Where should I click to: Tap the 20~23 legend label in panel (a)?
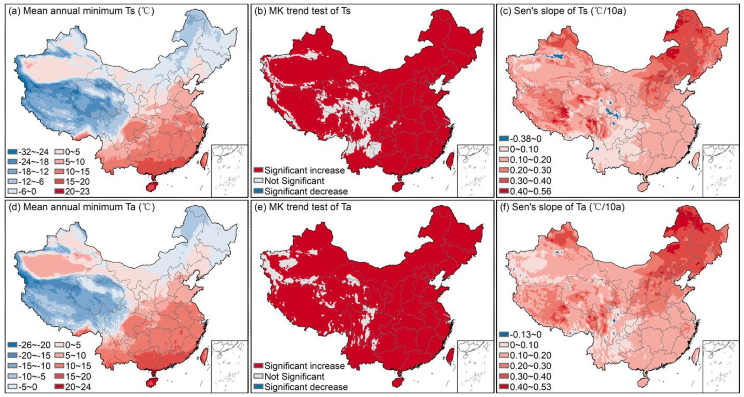pos(77,191)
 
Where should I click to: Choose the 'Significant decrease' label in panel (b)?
pos(306,191)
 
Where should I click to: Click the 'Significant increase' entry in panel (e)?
pos(304,366)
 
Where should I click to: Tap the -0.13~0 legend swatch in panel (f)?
pos(504,334)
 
